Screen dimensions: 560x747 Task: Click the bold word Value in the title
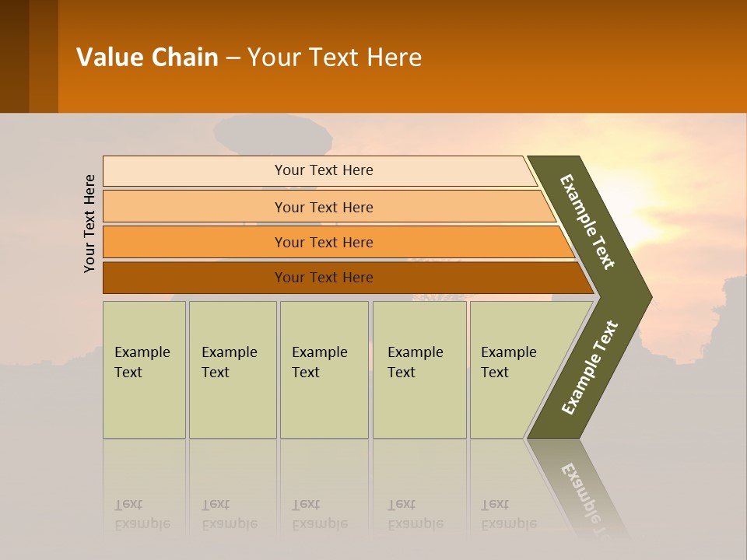pyautogui.click(x=109, y=58)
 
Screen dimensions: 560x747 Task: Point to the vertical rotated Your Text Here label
pyautogui.click(x=89, y=223)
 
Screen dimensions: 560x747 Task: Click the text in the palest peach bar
pyautogui.click(x=324, y=170)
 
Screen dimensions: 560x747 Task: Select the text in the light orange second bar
pyautogui.click(x=324, y=207)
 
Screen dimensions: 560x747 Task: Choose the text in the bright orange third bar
pyautogui.click(x=324, y=242)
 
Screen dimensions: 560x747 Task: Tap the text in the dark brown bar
pyautogui.click(x=324, y=278)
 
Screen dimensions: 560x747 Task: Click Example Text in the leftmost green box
pyautogui.click(x=142, y=362)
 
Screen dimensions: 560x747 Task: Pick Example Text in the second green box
pyautogui.click(x=229, y=362)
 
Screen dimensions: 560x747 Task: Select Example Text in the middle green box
pyautogui.click(x=319, y=362)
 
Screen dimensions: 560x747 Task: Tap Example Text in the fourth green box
pyautogui.click(x=415, y=362)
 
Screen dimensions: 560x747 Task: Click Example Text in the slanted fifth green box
pyautogui.click(x=508, y=362)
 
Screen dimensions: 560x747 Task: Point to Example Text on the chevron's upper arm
pyautogui.click(x=587, y=222)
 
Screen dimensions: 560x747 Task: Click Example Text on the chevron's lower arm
pyautogui.click(x=590, y=368)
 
